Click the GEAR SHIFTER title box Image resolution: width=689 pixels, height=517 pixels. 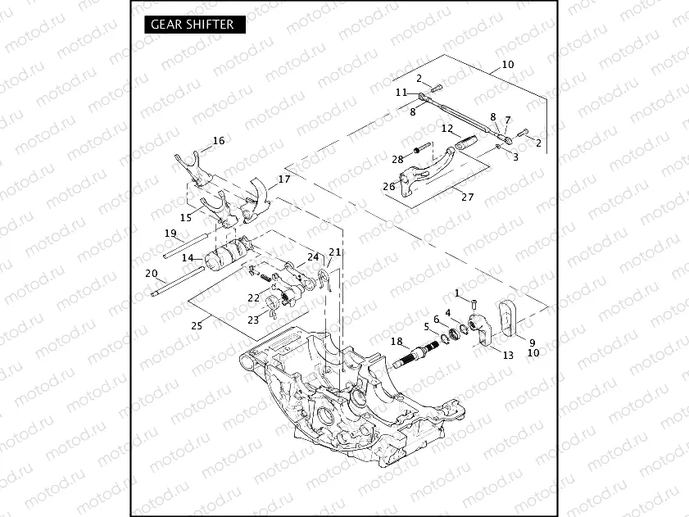point(193,25)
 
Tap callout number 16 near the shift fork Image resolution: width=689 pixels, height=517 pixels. point(218,141)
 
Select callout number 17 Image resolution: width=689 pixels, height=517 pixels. point(284,179)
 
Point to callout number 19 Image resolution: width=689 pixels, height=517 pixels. point(170,234)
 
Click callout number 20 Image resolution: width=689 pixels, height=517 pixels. point(151,273)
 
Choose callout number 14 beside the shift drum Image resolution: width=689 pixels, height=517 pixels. point(188,258)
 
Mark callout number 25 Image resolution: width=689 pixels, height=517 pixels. point(197,325)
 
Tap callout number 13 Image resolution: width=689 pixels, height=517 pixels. point(508,355)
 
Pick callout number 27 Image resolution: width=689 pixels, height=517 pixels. point(468,197)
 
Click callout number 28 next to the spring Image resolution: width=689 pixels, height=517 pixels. point(397,159)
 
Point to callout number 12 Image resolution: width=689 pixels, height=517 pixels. point(446,129)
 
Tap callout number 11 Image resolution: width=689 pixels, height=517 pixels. point(401,93)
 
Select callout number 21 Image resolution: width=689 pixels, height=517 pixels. point(334,252)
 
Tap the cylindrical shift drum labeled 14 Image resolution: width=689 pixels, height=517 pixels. point(220,262)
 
